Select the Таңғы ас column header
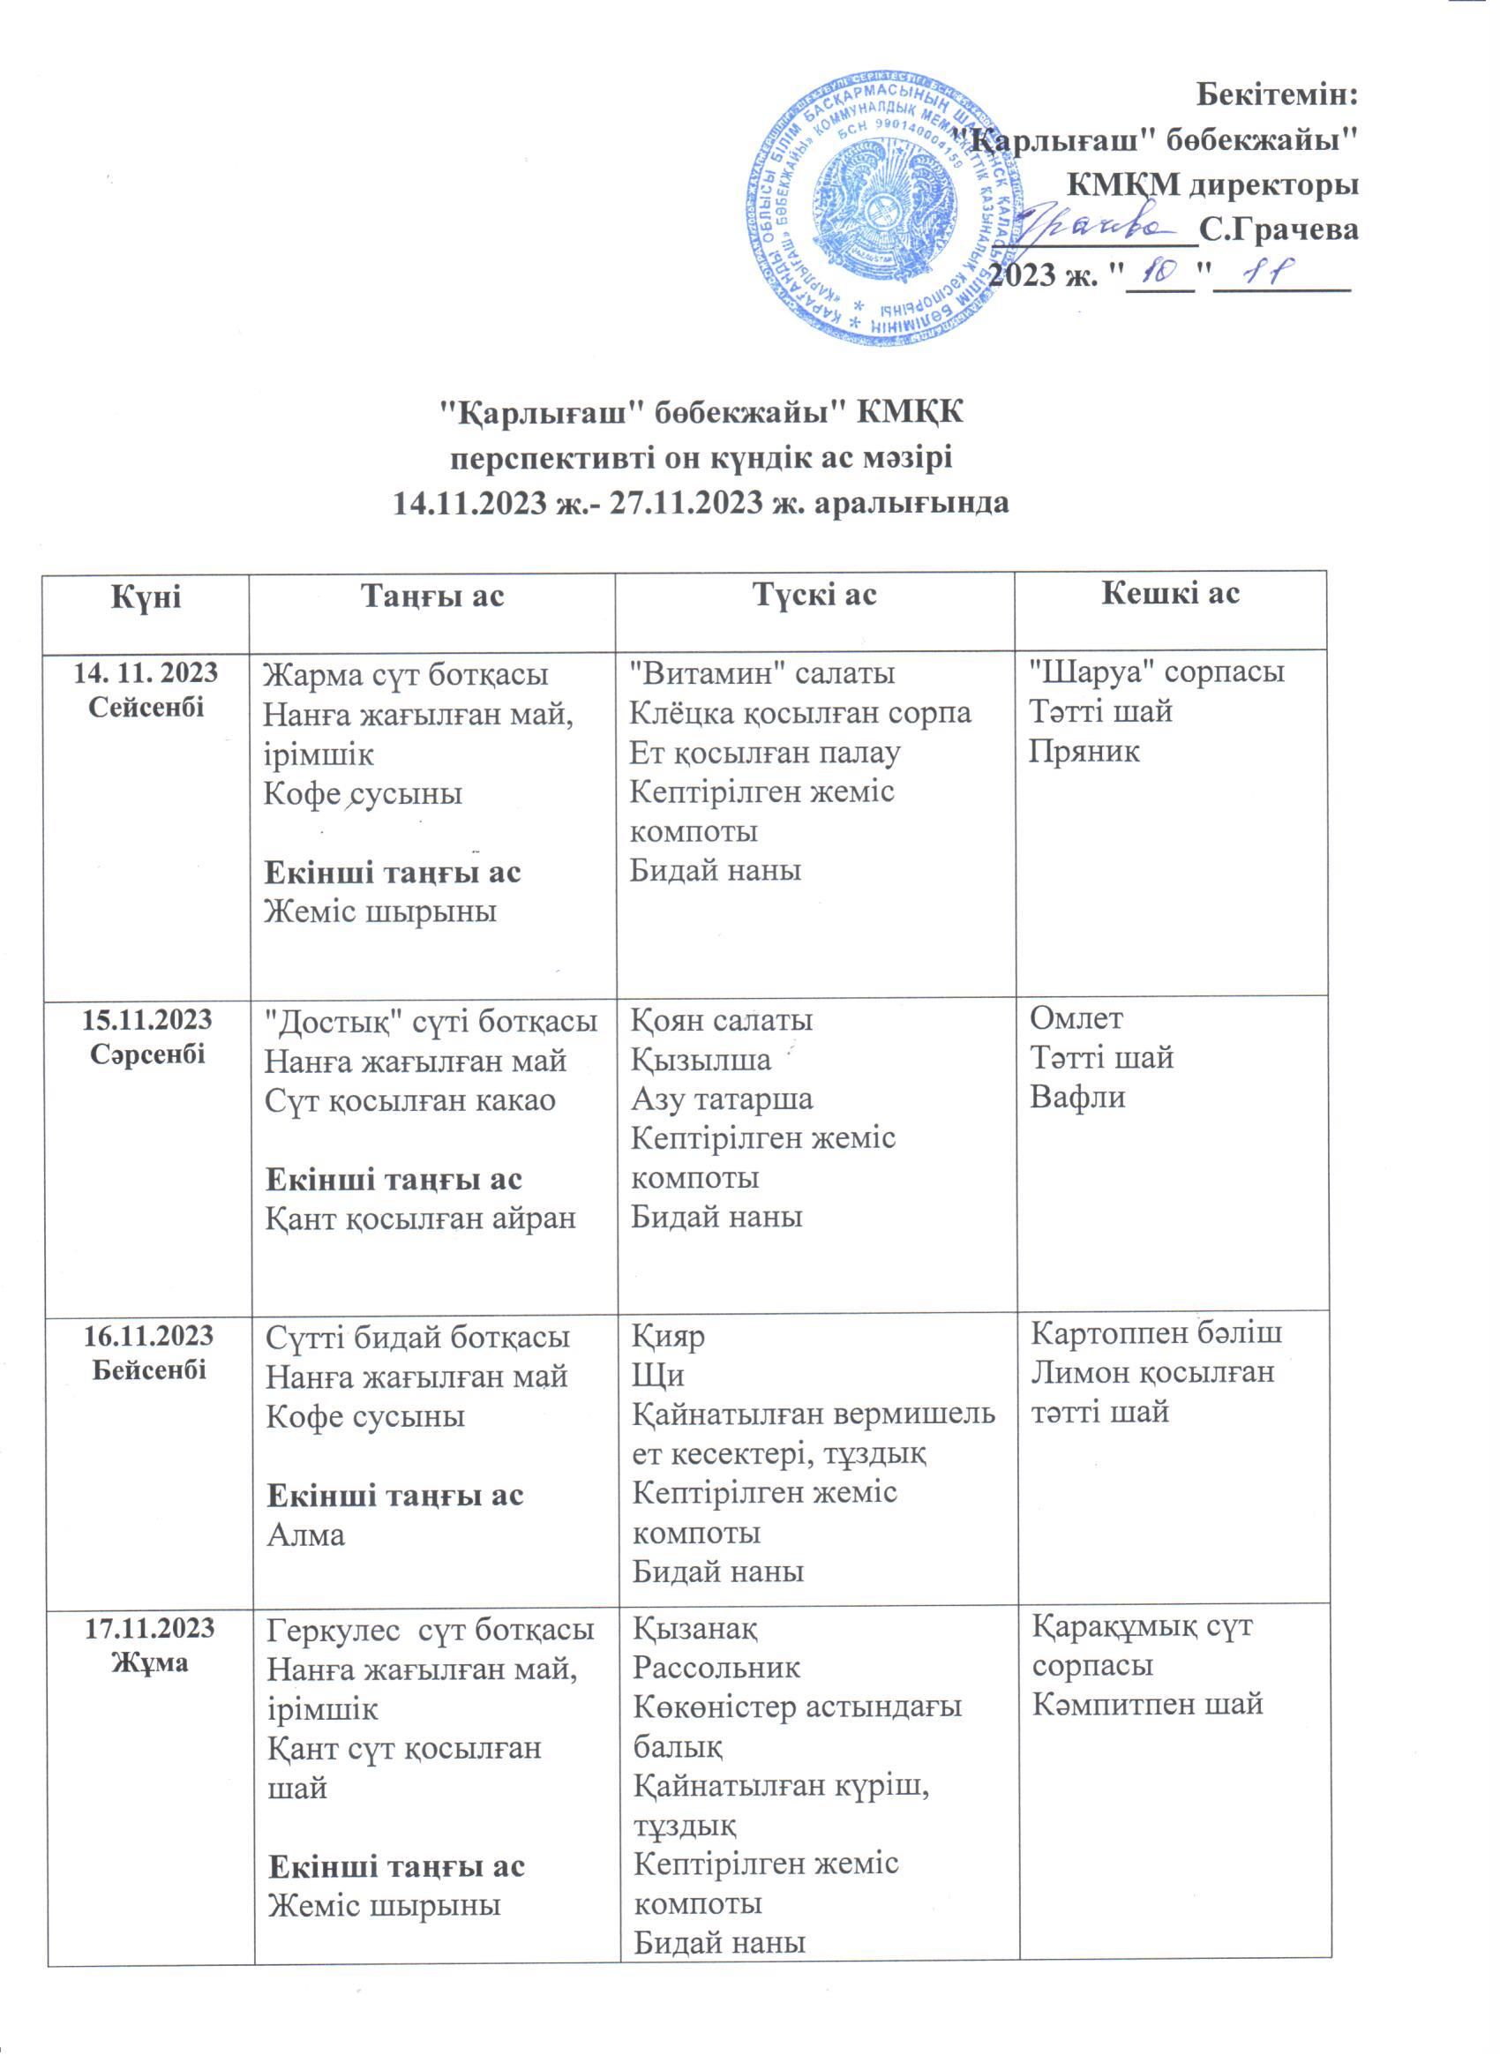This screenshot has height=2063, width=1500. [432, 596]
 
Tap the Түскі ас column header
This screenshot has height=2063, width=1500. [815, 595]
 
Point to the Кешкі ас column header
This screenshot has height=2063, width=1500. [1170, 594]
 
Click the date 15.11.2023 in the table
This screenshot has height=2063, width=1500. [147, 1020]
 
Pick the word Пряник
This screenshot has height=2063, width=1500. [1084, 751]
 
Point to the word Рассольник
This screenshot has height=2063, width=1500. [716, 1668]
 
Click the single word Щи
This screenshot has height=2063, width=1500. [651, 1374]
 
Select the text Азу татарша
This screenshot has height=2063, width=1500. [723, 1099]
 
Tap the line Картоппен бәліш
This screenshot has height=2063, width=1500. [1156, 1333]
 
